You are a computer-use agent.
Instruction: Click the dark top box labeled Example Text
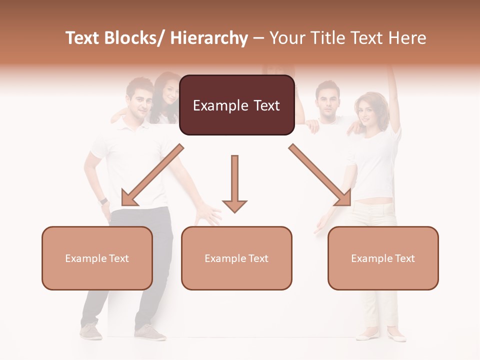pos(236,105)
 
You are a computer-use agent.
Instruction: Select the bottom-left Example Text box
pos(97,258)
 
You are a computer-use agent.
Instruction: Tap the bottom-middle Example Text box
pos(236,258)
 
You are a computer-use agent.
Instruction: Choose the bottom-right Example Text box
pos(383,258)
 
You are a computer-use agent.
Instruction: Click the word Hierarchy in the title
pos(209,38)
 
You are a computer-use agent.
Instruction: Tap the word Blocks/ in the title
pos(135,38)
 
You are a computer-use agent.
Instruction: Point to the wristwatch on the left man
pos(103,201)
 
